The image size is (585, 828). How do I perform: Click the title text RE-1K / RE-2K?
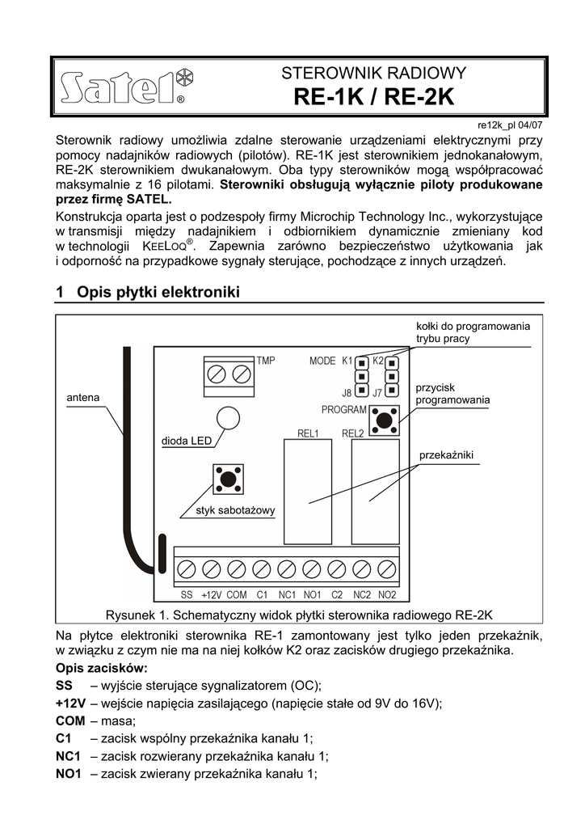pos(374,98)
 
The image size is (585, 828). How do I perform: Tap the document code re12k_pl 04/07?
pos(510,125)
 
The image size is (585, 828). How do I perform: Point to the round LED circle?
pos(228,418)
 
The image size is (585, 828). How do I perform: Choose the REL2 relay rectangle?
pos(375,492)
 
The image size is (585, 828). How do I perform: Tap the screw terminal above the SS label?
pos(186,568)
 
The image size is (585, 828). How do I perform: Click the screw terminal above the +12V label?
pos(211,568)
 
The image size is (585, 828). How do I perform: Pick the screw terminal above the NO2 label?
pos(387,568)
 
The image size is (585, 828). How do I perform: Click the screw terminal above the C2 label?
pos(337,568)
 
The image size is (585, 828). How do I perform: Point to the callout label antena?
pos(82,398)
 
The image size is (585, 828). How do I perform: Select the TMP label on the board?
pos(266,360)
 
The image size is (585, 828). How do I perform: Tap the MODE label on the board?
pos(322,361)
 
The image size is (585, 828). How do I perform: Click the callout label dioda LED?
pos(186,441)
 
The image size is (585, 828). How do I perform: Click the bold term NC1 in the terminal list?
pos(69,756)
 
